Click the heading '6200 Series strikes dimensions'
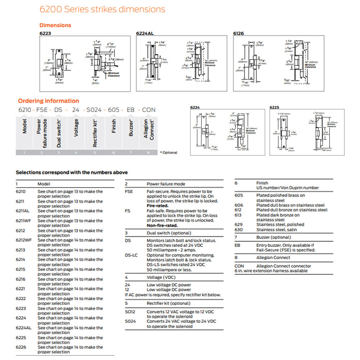pos(102,9)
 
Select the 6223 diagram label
pos(45,33)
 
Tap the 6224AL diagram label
pos(145,33)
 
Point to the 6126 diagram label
pos(238,33)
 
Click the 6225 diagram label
pos(274,107)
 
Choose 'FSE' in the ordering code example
pos(42,110)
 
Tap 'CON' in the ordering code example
pos(149,110)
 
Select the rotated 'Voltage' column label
pos(76,128)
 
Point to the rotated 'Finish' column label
pos(114,126)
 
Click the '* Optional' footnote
pos(168,153)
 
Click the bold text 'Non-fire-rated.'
pos(162,225)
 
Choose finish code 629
pos(239,225)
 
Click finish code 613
pos(239,215)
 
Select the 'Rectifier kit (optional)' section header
pos(168,303)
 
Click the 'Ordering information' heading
pos(49,101)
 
